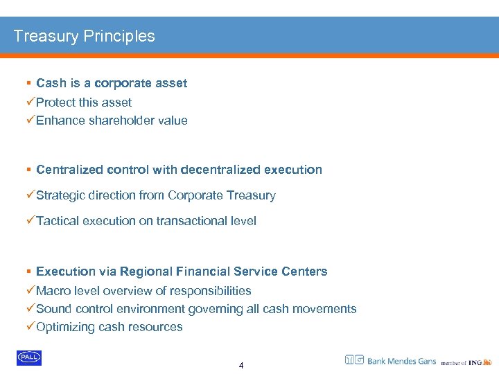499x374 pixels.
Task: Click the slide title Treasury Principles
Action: point(85,36)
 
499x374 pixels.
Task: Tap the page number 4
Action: point(241,365)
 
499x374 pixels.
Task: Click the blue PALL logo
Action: point(29,358)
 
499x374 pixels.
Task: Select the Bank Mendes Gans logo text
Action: point(401,361)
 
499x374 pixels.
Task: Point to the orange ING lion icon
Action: point(487,361)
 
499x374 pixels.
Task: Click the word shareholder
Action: point(121,121)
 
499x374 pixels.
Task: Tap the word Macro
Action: point(53,291)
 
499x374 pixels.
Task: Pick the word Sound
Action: point(53,309)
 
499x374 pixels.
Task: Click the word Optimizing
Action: point(66,327)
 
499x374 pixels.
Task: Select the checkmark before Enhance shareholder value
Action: point(30,121)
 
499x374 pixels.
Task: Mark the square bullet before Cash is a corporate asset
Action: point(28,83)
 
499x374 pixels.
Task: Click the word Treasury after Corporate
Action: point(252,195)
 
